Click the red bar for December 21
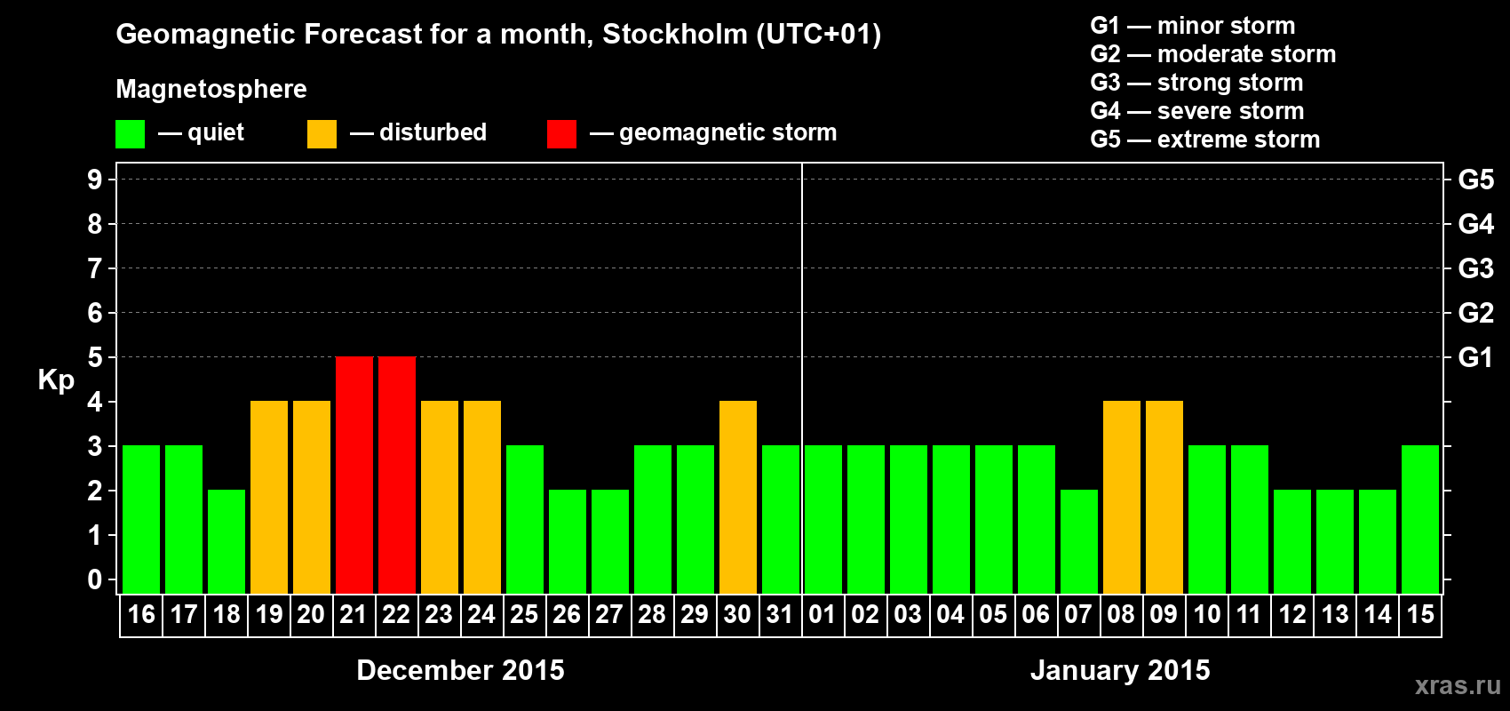point(354,475)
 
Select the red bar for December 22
point(397,475)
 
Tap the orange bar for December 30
point(738,497)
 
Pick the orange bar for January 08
point(1122,497)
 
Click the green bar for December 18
point(226,541)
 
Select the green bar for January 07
point(1079,541)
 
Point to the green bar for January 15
point(1420,519)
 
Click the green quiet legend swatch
point(131,134)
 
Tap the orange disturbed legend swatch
point(322,134)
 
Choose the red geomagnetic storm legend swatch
point(561,134)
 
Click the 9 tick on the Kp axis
point(95,180)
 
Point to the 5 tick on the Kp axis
point(95,357)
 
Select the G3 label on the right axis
point(1475,268)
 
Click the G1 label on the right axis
point(1475,357)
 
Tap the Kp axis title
point(56,380)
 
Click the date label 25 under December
point(524,615)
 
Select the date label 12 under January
point(1292,615)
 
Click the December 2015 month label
point(460,670)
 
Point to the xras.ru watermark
point(1458,685)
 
